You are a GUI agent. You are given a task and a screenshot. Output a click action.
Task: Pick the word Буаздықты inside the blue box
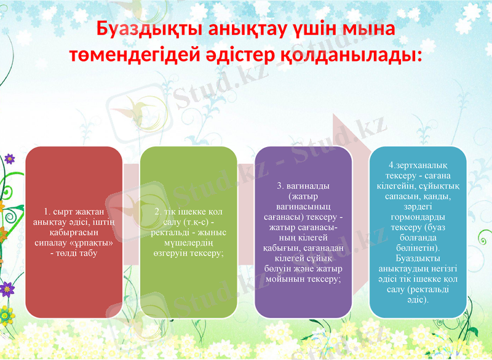418,258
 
